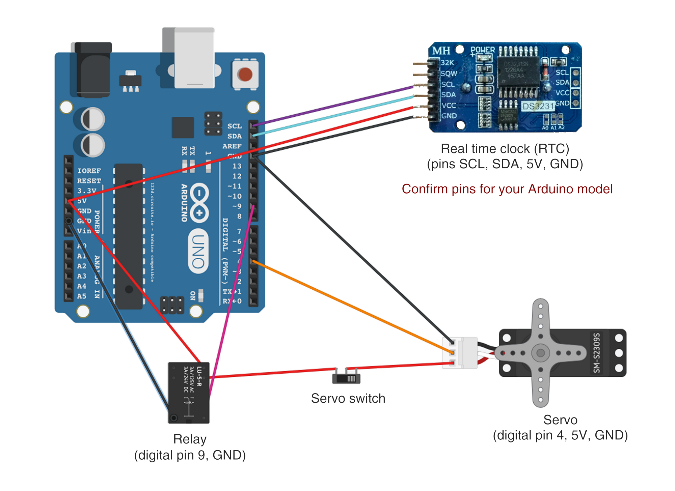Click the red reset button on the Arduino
point(245,75)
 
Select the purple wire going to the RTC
point(334,106)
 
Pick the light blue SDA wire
point(334,116)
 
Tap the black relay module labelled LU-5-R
point(189,393)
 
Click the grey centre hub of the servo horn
point(540,353)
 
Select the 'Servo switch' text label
point(348,399)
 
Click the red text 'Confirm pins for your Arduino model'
point(507,189)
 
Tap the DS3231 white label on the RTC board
point(538,107)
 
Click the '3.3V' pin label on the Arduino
point(87,191)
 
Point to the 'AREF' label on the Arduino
point(232,146)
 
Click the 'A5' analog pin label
point(82,296)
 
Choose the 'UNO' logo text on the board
point(198,251)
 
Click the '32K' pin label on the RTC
point(447,63)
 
